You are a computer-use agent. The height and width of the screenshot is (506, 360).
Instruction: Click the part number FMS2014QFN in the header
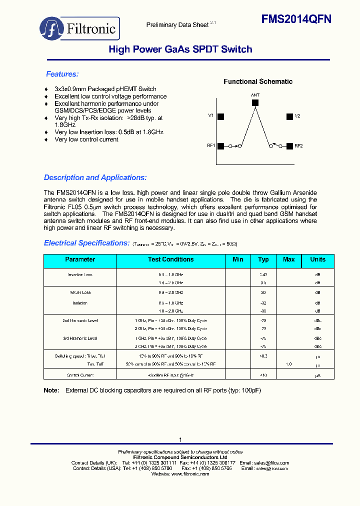point(296,19)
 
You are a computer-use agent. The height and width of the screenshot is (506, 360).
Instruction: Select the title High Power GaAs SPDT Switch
point(180,49)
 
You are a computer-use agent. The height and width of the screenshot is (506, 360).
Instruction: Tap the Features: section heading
point(62,74)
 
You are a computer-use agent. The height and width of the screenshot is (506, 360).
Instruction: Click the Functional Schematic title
point(257,81)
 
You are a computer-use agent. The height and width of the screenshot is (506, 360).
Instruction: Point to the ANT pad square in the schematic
point(255,102)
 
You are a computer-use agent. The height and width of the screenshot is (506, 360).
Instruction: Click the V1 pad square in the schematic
point(220,116)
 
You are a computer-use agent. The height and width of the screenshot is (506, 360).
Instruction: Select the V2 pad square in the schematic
point(289,116)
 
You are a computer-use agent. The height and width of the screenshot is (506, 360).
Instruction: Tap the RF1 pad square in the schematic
point(220,146)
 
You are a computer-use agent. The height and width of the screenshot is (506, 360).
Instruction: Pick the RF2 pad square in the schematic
point(289,146)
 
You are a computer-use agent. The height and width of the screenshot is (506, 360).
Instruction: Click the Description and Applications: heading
point(95,177)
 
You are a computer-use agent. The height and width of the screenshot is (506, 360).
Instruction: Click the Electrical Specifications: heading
point(86,243)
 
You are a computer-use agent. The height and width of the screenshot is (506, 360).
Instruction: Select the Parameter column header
point(80,259)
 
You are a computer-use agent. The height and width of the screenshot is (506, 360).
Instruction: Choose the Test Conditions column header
point(170,259)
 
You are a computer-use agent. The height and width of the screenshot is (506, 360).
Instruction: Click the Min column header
point(238,259)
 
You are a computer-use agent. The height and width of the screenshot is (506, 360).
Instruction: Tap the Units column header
point(317,259)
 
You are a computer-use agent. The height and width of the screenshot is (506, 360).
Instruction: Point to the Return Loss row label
point(80,292)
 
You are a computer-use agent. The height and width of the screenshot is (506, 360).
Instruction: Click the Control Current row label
point(80,375)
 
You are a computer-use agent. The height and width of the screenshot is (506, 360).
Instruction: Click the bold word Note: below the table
point(51,390)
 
